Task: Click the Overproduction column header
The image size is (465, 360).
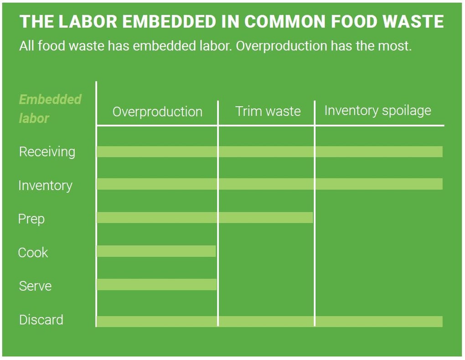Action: (157, 112)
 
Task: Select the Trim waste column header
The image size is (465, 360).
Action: (268, 112)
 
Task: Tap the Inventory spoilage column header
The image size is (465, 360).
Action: (377, 111)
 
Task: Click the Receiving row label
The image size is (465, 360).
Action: (47, 152)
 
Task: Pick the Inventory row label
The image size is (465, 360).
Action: (45, 185)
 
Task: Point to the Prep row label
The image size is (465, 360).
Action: (31, 219)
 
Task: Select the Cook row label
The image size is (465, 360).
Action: (33, 252)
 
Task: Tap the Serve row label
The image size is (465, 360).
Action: (35, 286)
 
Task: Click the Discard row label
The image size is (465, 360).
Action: (41, 320)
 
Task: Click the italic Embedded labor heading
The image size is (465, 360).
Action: (50, 109)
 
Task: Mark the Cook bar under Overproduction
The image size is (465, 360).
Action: (156, 251)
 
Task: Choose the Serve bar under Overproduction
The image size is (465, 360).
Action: (157, 284)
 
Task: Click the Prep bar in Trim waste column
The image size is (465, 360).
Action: (266, 217)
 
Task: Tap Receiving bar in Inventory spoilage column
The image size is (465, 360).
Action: (378, 152)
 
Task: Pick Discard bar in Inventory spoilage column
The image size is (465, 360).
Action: (378, 321)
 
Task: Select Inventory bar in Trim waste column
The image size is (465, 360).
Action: (266, 184)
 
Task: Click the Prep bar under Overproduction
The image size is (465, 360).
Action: (157, 217)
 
